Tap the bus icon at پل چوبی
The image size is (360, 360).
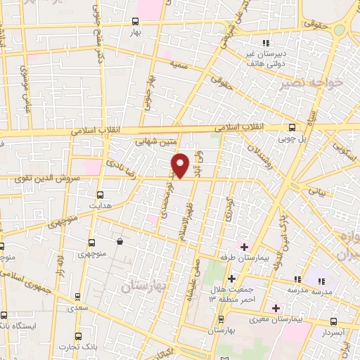[x=292, y=127]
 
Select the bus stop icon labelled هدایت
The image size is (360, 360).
[x=99, y=194]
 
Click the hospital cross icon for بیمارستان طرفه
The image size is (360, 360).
[x=244, y=247]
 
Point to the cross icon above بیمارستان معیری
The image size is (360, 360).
[x=276, y=307]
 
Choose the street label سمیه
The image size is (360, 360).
[x=179, y=64]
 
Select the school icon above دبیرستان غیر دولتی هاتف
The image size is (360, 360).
[x=265, y=32]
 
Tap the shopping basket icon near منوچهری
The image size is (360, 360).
[x=120, y=241]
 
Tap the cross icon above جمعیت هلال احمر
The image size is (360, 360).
[x=231, y=278]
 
